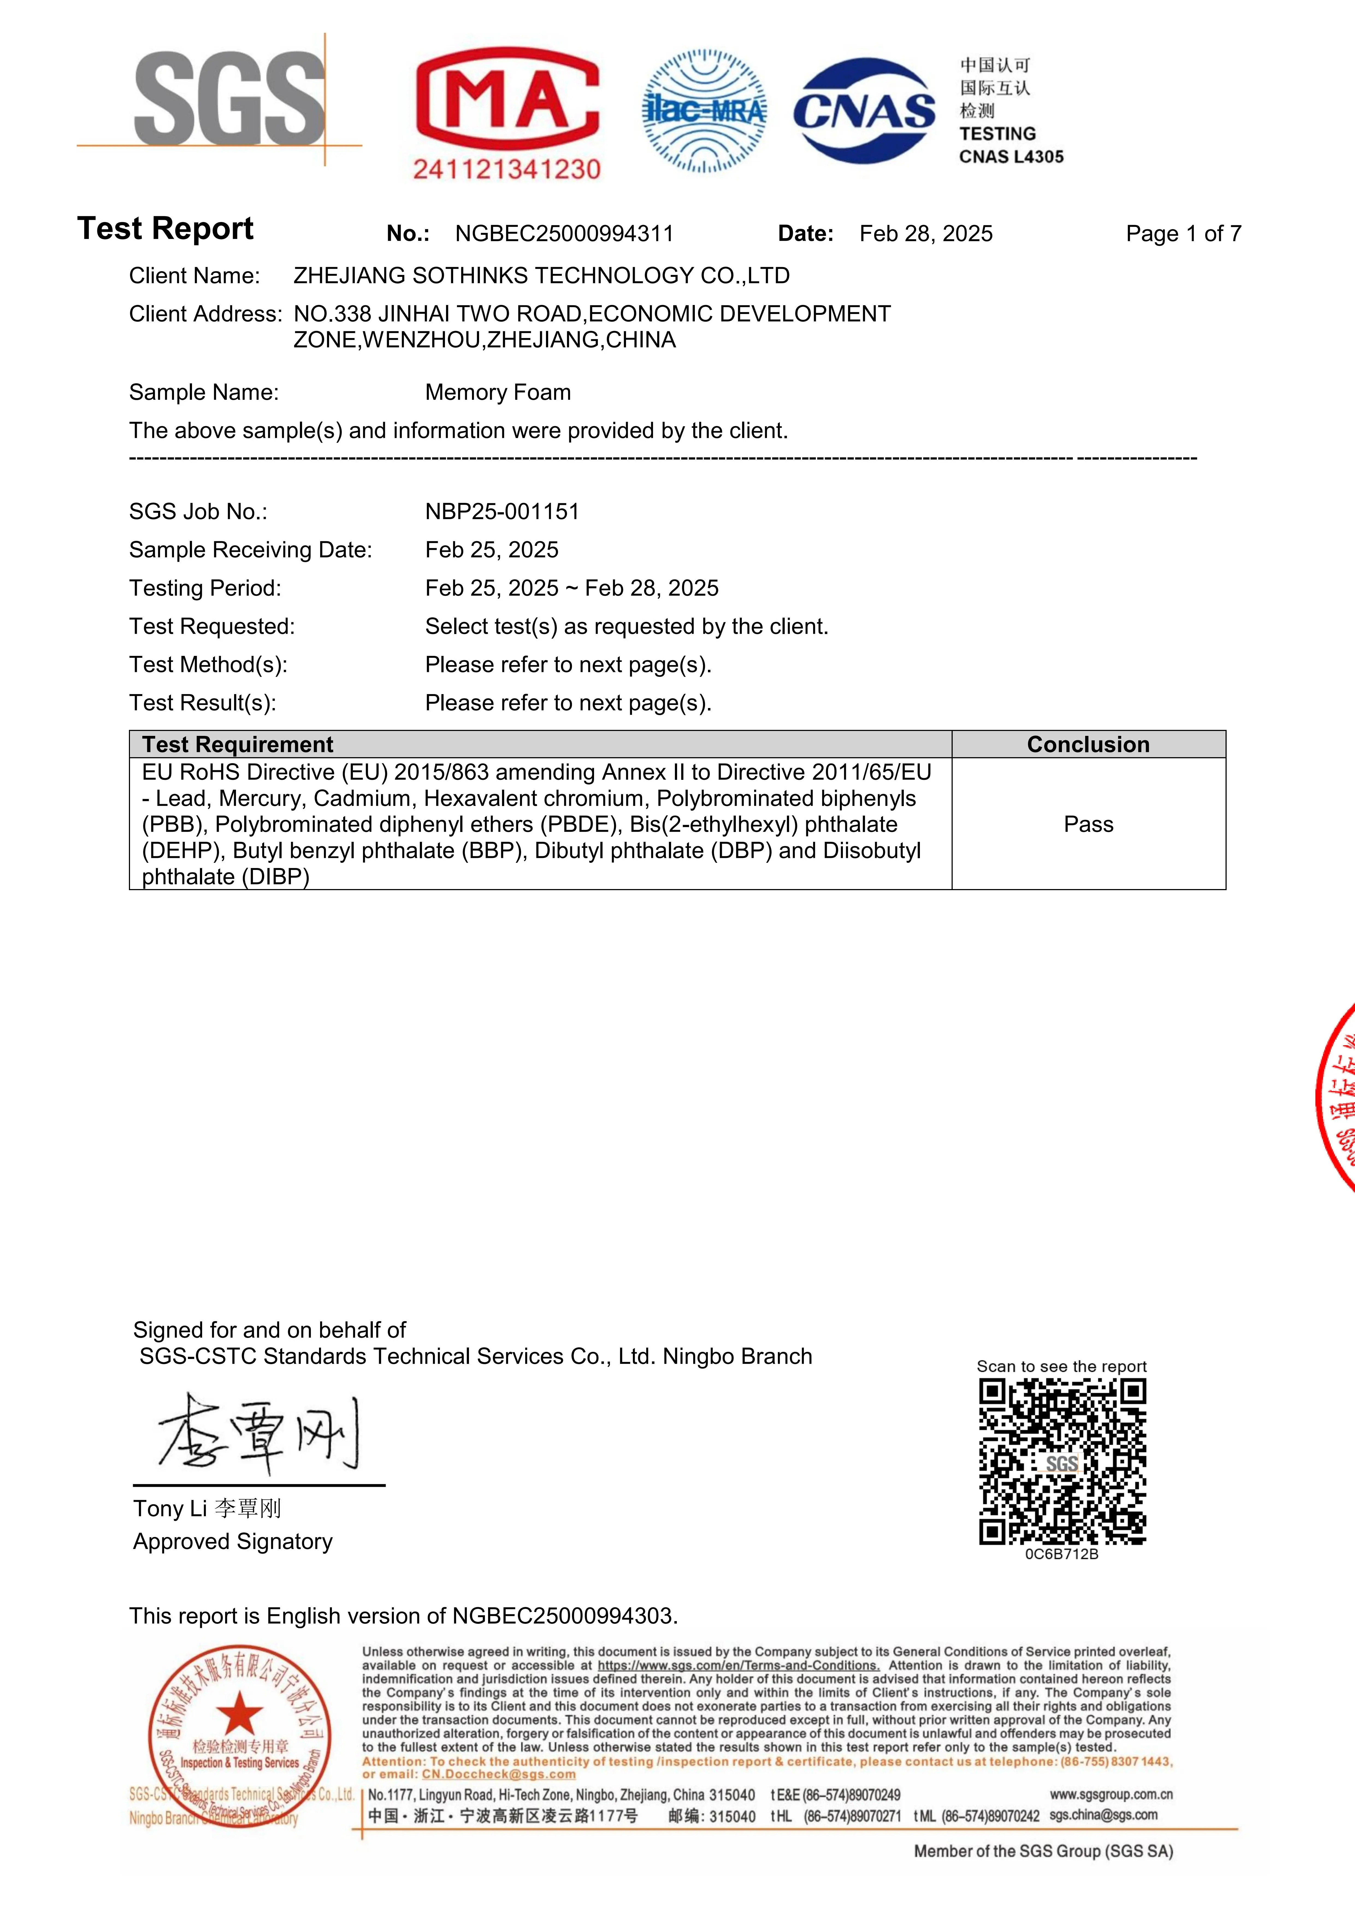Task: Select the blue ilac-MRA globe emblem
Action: (x=704, y=111)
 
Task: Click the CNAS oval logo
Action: (x=864, y=111)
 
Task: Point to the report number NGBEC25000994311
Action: (x=564, y=234)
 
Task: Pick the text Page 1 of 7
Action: (x=1183, y=234)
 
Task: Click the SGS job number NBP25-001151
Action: (x=502, y=511)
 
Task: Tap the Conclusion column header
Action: (x=1088, y=744)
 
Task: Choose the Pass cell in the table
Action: (x=1088, y=825)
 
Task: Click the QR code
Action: (x=1062, y=1460)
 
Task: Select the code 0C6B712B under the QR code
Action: (x=1061, y=1554)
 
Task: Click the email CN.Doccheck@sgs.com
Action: (x=498, y=1774)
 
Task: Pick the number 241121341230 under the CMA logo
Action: (x=507, y=169)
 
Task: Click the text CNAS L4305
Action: (x=1011, y=157)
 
